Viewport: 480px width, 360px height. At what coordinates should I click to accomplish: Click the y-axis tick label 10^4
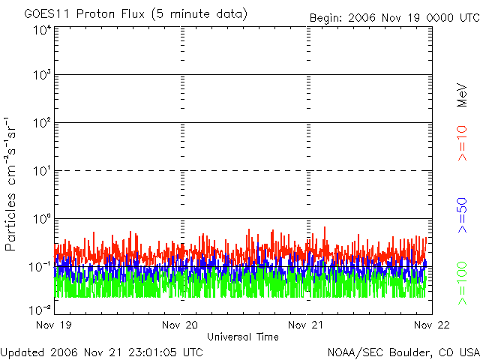42,30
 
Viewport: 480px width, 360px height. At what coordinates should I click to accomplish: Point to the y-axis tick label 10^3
42,76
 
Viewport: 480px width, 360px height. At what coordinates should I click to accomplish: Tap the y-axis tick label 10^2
42,123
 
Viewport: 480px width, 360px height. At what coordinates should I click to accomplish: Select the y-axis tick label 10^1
42,171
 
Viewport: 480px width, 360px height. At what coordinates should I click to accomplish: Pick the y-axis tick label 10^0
42,219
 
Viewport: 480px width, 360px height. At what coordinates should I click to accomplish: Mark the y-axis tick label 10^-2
40,308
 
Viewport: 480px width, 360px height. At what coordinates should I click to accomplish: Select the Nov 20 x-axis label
181,325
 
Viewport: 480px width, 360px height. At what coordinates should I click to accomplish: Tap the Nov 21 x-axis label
307,325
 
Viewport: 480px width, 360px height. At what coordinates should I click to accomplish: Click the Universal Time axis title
243,337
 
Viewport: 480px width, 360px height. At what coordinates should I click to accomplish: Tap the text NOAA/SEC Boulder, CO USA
403,352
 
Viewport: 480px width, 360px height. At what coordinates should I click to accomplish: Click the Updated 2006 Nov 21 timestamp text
102,352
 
